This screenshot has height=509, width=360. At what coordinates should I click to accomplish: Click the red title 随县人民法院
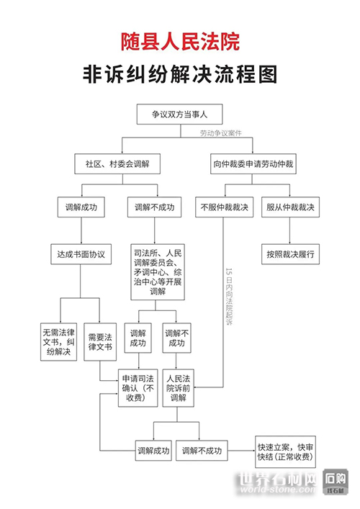click(180, 41)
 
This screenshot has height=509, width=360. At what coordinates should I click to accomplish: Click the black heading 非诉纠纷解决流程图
click(180, 74)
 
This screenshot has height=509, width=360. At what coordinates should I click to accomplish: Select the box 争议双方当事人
click(179, 114)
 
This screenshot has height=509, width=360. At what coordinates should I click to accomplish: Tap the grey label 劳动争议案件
click(221, 133)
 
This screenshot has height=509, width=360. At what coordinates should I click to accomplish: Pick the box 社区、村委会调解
click(117, 164)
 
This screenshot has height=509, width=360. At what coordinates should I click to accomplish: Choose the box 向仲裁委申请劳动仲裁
click(253, 164)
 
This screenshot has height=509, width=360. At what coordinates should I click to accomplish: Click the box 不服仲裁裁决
click(224, 207)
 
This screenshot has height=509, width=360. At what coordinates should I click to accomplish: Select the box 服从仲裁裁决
click(291, 207)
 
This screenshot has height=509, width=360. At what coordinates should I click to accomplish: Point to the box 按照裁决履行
click(291, 254)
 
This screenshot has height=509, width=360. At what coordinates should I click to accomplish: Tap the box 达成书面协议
click(81, 254)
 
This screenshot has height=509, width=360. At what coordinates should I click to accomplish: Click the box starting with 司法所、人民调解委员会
click(158, 272)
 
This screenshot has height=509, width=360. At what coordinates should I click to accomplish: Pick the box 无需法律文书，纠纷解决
click(59, 342)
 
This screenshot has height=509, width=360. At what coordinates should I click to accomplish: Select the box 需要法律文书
click(100, 342)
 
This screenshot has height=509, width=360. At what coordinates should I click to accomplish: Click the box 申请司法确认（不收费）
click(138, 388)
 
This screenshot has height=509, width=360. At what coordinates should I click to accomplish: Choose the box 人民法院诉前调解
click(179, 388)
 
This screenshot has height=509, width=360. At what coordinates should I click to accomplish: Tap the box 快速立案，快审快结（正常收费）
click(285, 452)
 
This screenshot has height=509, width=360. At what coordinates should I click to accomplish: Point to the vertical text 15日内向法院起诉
click(229, 297)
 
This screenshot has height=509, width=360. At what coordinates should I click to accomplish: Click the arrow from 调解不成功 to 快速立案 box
click(241, 451)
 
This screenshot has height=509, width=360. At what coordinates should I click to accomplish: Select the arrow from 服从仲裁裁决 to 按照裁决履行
click(290, 231)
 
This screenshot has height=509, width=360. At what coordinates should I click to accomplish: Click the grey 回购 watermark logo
click(336, 482)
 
